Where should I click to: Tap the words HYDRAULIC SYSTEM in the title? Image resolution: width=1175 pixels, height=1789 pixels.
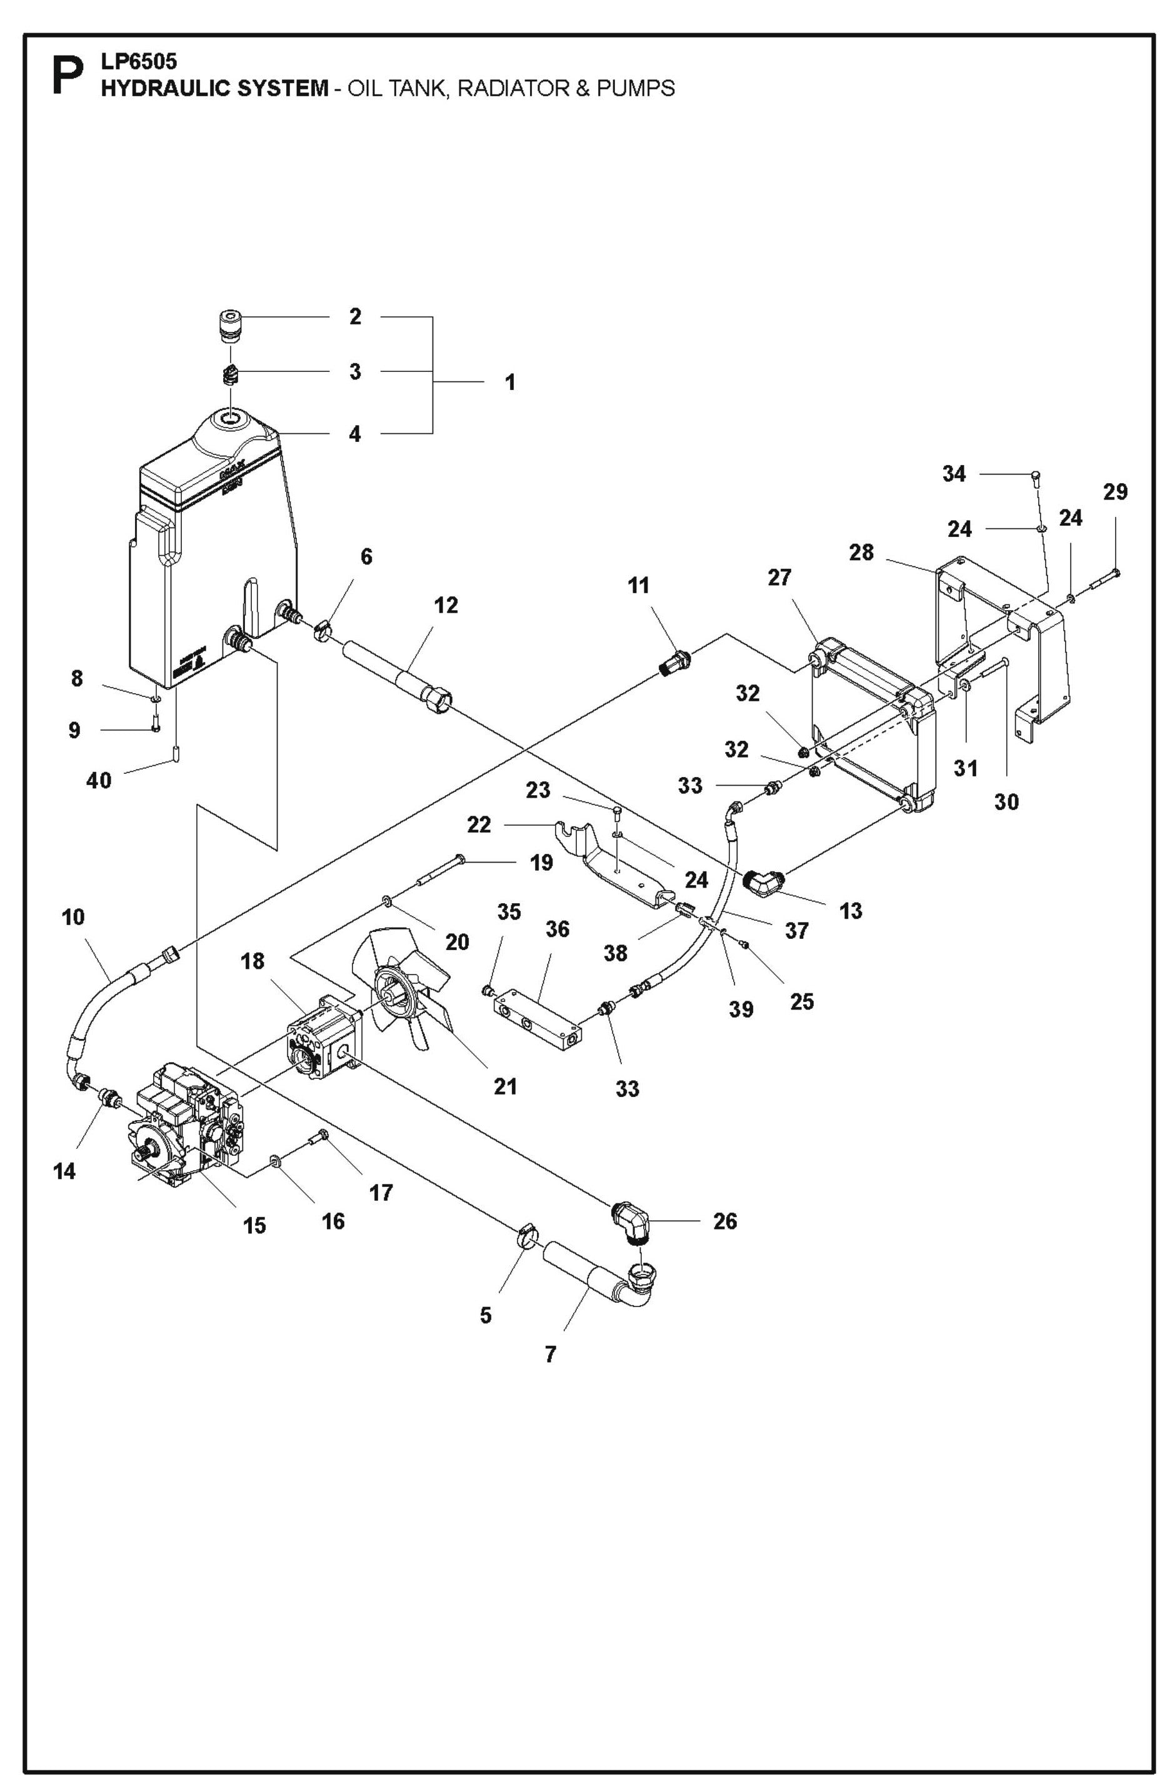click(214, 89)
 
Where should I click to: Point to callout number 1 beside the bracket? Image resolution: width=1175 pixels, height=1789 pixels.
click(511, 383)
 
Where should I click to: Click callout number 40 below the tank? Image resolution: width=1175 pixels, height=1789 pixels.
click(99, 780)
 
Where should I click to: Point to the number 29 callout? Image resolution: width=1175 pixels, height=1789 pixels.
click(1115, 493)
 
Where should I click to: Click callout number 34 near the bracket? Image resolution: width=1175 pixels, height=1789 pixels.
click(954, 474)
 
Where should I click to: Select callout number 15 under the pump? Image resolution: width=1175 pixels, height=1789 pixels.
click(255, 1225)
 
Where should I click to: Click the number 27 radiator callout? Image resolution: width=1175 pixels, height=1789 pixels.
click(779, 578)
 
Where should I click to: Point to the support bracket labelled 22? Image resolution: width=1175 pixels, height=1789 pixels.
click(609, 861)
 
